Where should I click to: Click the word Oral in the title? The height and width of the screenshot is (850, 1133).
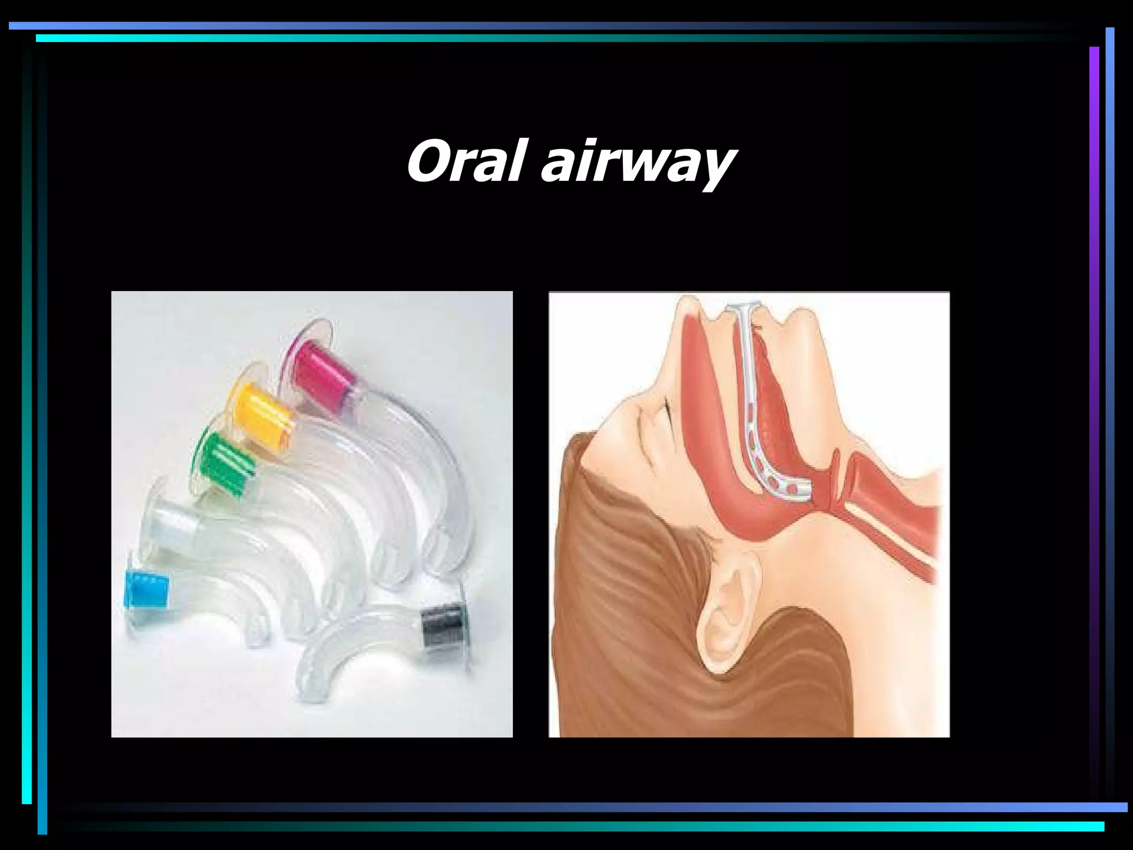click(465, 162)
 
